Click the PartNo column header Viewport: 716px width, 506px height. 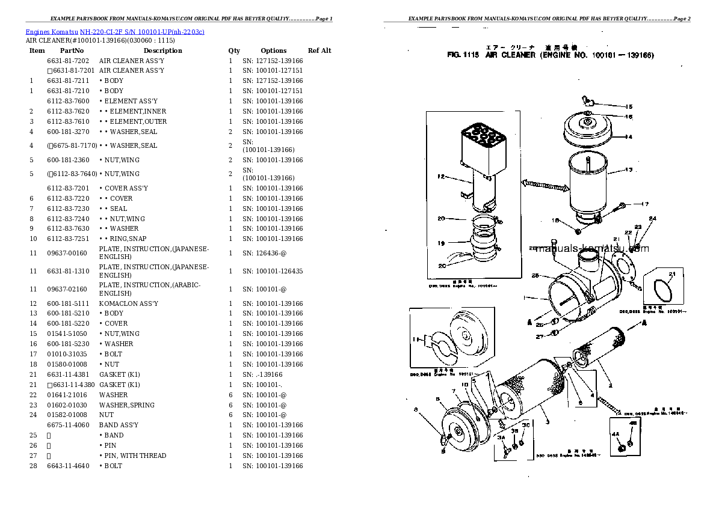point(72,51)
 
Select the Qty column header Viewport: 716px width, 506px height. point(234,51)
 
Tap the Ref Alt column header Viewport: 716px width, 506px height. point(319,51)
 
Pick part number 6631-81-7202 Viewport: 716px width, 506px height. point(68,61)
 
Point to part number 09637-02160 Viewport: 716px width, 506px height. point(67,289)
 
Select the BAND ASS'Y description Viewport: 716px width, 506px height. point(119,425)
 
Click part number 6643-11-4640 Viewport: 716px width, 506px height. point(67,466)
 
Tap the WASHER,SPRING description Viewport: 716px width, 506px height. point(127,405)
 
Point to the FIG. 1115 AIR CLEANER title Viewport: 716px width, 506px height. point(551,55)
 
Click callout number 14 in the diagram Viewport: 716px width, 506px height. point(628,137)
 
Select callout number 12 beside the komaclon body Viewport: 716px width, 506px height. point(440,177)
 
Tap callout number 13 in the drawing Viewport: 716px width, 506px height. point(628,170)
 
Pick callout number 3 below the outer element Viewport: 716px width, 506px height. point(547,422)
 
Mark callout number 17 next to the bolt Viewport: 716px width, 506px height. point(645,204)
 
